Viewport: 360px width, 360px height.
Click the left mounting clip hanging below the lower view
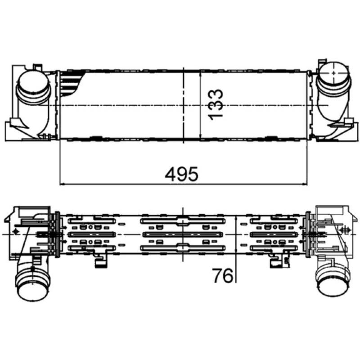coord(99,261)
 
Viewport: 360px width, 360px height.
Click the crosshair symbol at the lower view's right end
coord(346,230)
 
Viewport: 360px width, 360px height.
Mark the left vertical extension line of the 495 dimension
coord(60,162)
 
